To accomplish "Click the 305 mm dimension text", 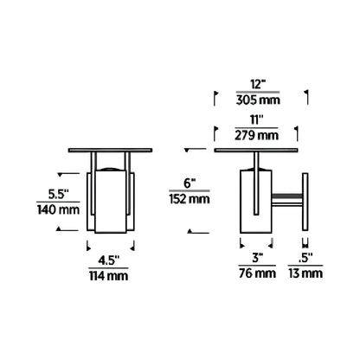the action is point(258,100).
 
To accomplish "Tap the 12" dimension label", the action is point(258,85).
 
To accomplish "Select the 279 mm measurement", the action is point(256,136).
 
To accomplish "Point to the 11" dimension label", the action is point(256,120).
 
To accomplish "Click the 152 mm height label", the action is point(190,199).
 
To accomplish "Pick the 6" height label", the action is point(190,183).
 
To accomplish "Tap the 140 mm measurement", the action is point(58,209).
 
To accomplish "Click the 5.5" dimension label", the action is point(59,194).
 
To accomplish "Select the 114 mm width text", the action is point(108,276).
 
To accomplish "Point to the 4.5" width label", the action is point(108,260).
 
